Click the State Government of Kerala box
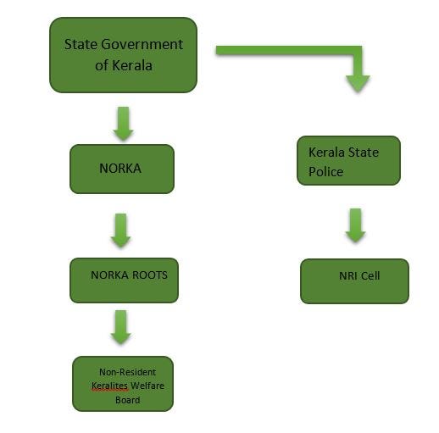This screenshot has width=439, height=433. pyautogui.click(x=123, y=55)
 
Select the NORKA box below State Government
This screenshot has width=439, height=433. pyautogui.click(x=122, y=169)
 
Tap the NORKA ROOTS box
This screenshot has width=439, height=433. pyautogui.click(x=124, y=280)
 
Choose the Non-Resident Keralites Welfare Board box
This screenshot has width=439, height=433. pyautogui.click(x=123, y=384)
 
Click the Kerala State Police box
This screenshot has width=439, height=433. pyautogui.click(x=348, y=160)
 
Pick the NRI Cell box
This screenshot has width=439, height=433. pyautogui.click(x=354, y=281)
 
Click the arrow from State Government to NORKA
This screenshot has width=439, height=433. pyautogui.click(x=123, y=124)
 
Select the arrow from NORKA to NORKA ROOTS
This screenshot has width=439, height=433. pyautogui.click(x=120, y=230)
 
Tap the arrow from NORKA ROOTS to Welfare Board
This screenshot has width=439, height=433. pyautogui.click(x=120, y=327)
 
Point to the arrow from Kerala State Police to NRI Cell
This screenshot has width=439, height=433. pyautogui.click(x=355, y=225)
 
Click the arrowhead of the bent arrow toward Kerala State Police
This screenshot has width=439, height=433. pyautogui.click(x=358, y=84)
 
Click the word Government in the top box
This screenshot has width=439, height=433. pyautogui.click(x=142, y=45)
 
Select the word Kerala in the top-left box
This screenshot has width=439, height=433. pyautogui.click(x=132, y=65)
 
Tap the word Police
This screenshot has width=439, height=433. pyautogui.click(x=325, y=172)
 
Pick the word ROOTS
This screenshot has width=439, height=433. pyautogui.click(x=150, y=275)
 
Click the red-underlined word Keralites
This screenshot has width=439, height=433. pyautogui.click(x=109, y=386)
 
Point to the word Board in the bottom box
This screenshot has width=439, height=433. pyautogui.click(x=127, y=400)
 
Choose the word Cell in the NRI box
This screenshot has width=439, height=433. pyautogui.click(x=370, y=275)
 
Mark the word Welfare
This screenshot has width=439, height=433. pyautogui.click(x=147, y=386)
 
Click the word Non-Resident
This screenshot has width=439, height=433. pyautogui.click(x=127, y=372)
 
